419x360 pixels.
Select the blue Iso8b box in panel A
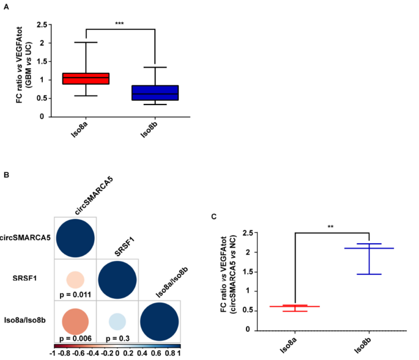[x=156, y=92]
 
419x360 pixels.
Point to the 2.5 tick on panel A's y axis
[x=41, y=25]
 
